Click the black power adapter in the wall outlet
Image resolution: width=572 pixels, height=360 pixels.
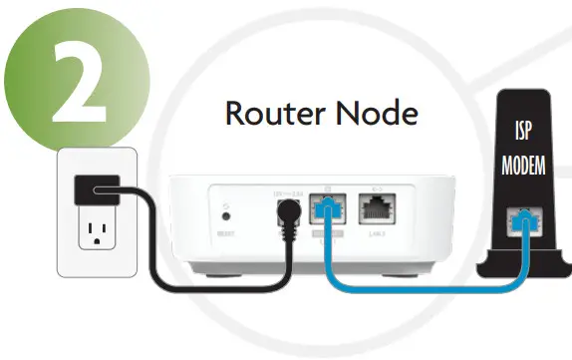100,188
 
